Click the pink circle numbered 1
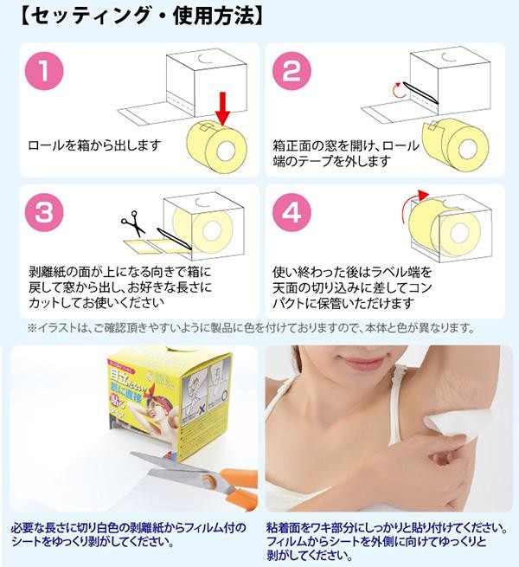click(x=44, y=71)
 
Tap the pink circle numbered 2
click(x=292, y=71)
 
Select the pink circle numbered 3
click(x=44, y=212)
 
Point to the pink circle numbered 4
click(x=292, y=212)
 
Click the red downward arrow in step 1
click(x=223, y=108)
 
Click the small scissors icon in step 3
click(x=133, y=223)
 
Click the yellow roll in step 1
click(x=217, y=147)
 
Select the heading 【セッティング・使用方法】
click(x=143, y=16)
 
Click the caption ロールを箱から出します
click(x=94, y=145)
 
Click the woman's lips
click(x=359, y=362)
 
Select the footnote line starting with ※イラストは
click(x=251, y=328)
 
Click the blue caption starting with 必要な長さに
click(x=129, y=534)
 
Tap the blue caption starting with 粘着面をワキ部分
click(x=387, y=541)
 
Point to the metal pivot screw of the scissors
click(x=209, y=481)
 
